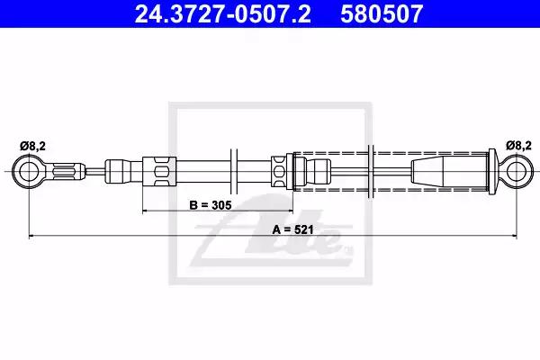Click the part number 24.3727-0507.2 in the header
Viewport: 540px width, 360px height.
click(x=223, y=13)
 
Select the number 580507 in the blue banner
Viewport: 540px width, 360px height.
click(x=382, y=13)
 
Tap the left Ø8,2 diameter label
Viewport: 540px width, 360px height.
click(x=32, y=147)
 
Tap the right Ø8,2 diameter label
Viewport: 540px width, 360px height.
click(x=518, y=146)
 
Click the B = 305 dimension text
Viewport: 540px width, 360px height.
click(x=211, y=205)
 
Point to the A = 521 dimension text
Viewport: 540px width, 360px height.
click(x=293, y=229)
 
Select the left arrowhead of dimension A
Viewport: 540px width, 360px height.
click(x=31, y=236)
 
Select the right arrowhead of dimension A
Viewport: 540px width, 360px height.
click(x=514, y=236)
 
